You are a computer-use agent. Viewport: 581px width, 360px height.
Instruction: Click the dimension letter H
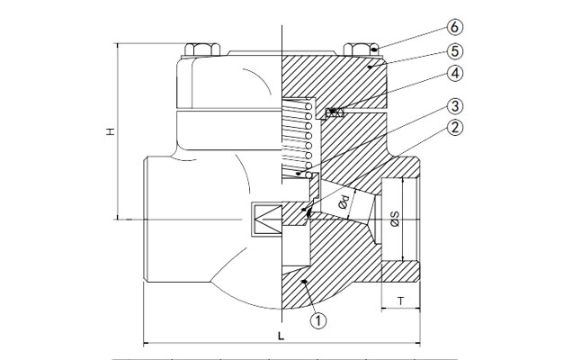coord(110,131)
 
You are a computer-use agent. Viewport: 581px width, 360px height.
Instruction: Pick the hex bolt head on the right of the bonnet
coord(355,47)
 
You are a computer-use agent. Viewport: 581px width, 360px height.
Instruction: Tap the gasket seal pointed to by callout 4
coord(335,112)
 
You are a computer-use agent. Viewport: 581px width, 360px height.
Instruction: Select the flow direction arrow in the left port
coord(266,217)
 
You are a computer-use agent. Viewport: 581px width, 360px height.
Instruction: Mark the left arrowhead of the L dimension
coord(146,343)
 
